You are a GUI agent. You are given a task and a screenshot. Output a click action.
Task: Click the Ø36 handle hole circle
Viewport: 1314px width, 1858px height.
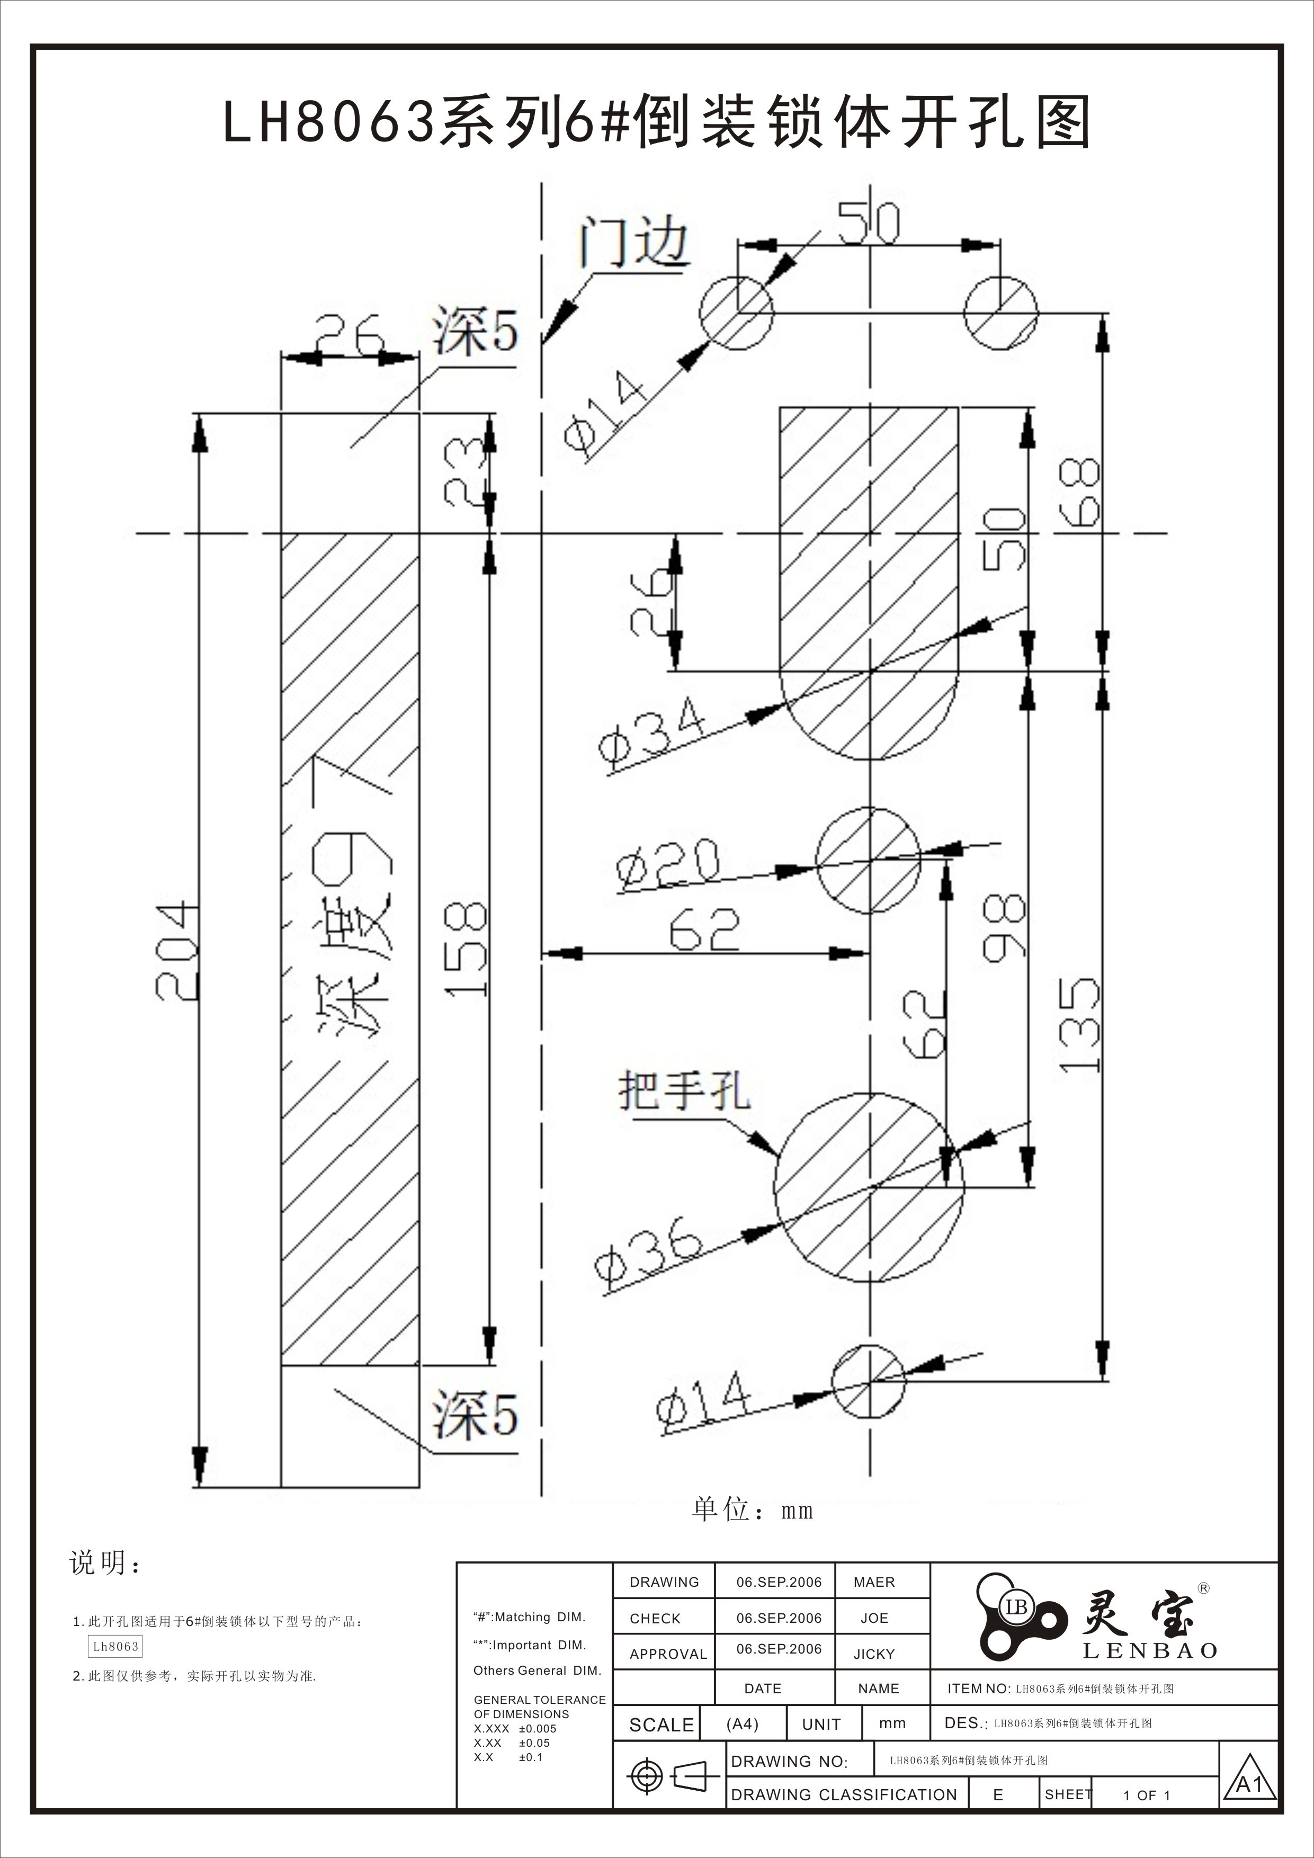pos(868,1187)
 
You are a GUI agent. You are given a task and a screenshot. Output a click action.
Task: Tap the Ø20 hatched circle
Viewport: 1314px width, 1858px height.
pos(868,860)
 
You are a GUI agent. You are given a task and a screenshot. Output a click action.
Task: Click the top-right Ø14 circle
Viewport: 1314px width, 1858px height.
pos(1000,312)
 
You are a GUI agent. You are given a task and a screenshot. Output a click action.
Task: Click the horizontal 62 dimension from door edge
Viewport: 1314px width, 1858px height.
pos(704,930)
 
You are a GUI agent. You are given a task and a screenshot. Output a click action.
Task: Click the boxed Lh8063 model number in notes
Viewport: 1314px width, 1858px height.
pos(115,1646)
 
